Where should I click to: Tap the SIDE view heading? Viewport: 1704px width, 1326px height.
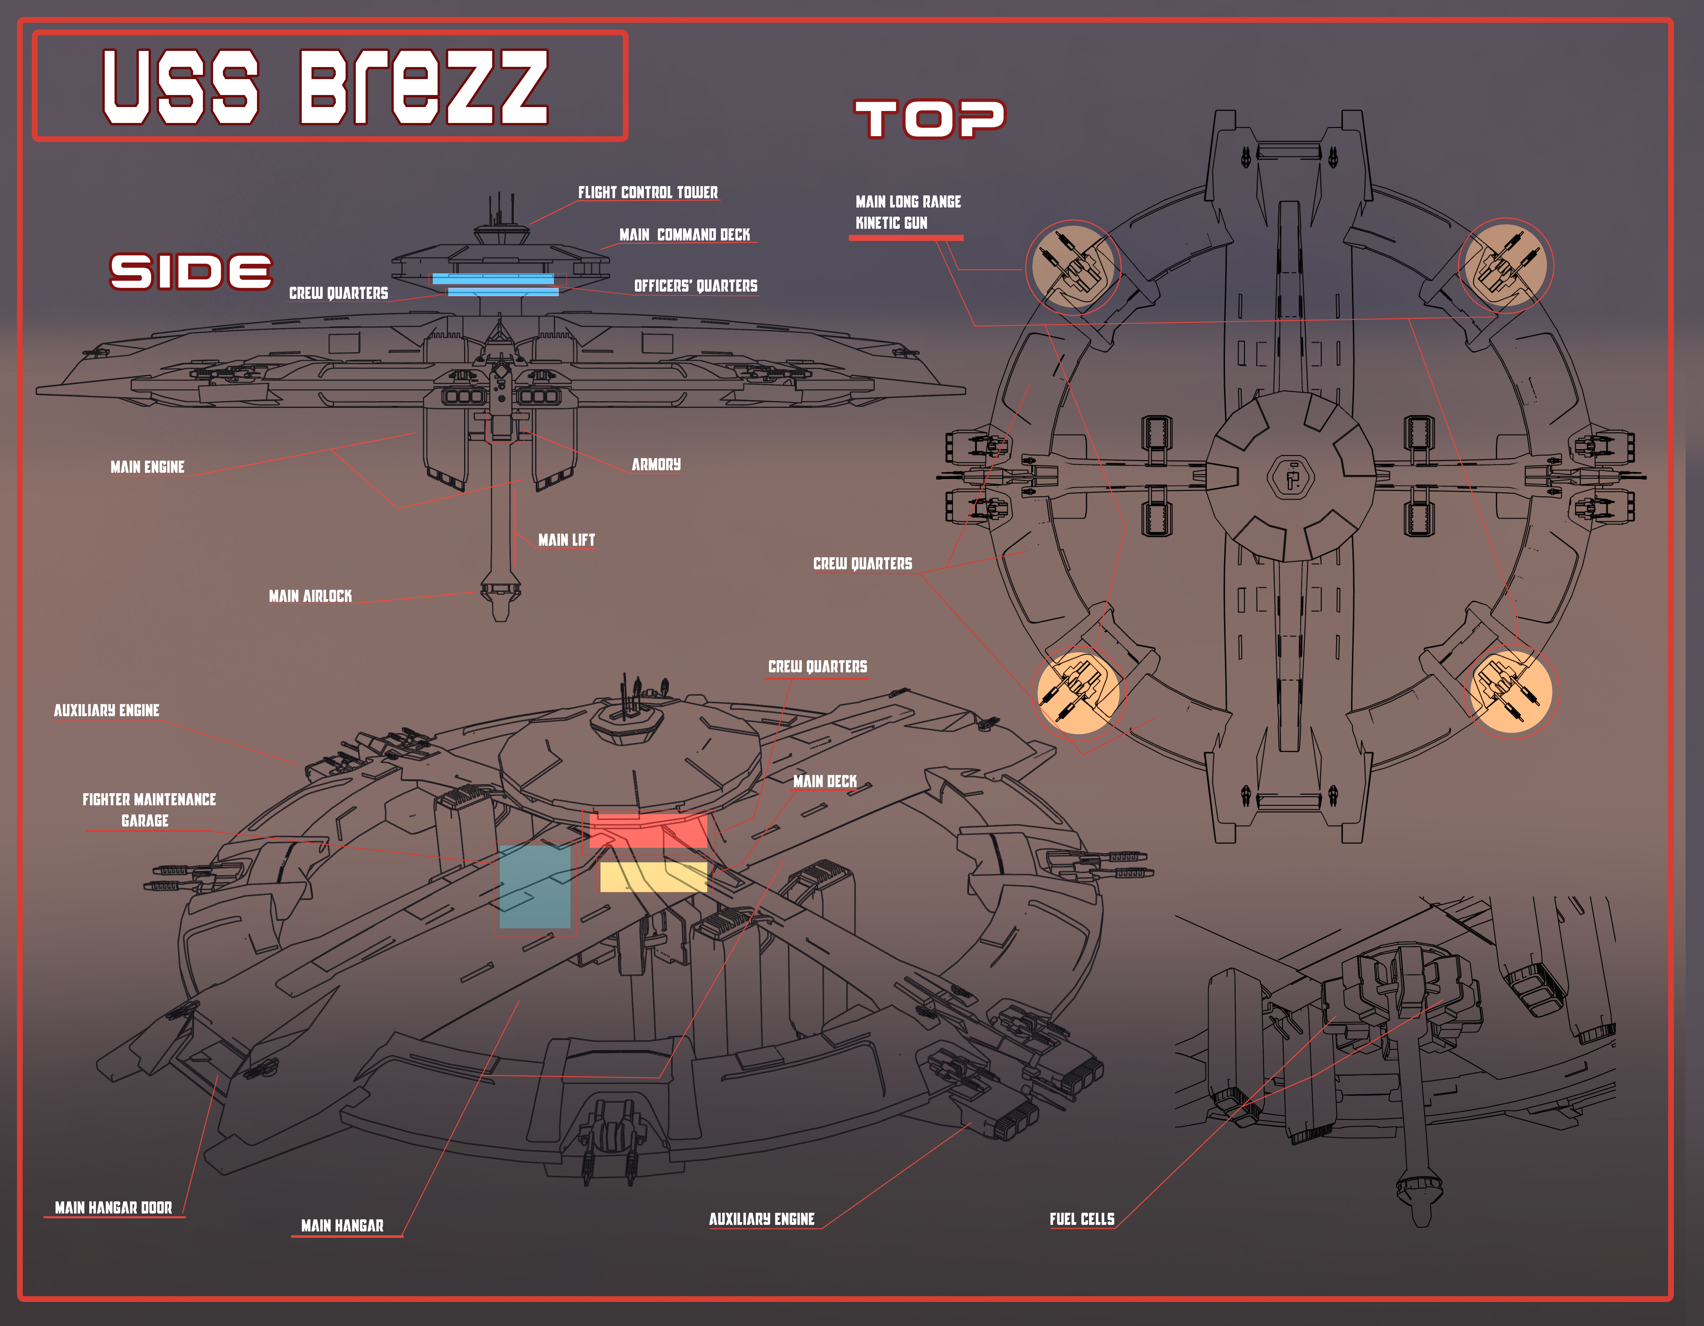pyautogui.click(x=191, y=271)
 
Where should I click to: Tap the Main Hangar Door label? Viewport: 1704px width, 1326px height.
pyautogui.click(x=113, y=1207)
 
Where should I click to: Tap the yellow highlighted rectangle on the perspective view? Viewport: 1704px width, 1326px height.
pyautogui.click(x=653, y=876)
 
